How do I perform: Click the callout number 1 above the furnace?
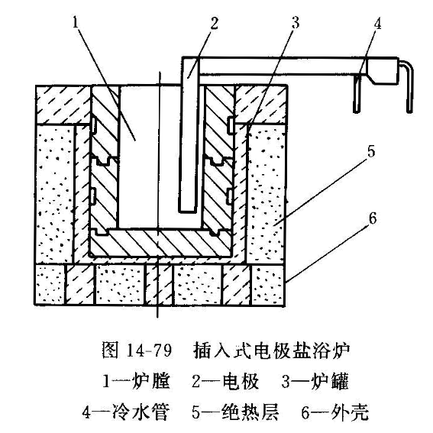76,22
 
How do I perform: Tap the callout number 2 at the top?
214,23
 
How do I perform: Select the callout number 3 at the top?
296,22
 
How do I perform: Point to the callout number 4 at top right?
377,24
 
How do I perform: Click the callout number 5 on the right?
371,151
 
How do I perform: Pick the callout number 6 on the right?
373,218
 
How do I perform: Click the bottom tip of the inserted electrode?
188,212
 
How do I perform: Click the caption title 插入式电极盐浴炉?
272,351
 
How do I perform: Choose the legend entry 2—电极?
225,381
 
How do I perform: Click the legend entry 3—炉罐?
315,381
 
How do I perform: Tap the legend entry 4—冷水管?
126,412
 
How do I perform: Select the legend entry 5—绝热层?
235,412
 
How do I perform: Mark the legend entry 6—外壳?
334,412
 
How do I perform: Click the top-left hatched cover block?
63,105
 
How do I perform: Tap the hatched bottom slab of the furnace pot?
160,242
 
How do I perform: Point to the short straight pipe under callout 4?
357,93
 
